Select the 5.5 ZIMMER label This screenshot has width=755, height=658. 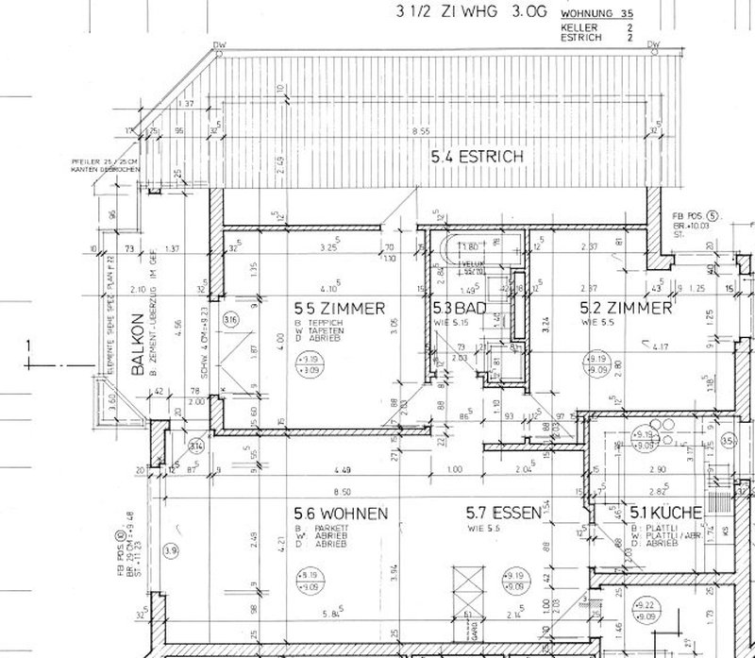[x=339, y=308]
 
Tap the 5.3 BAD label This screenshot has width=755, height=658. [x=458, y=308]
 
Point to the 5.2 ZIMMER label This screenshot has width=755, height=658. [x=627, y=308]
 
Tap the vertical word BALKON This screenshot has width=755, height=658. [x=138, y=346]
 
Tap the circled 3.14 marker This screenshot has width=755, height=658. [x=195, y=445]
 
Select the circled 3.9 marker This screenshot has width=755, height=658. [x=171, y=549]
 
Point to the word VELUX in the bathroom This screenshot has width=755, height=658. [x=469, y=263]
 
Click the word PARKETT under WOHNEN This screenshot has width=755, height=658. [x=325, y=529]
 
